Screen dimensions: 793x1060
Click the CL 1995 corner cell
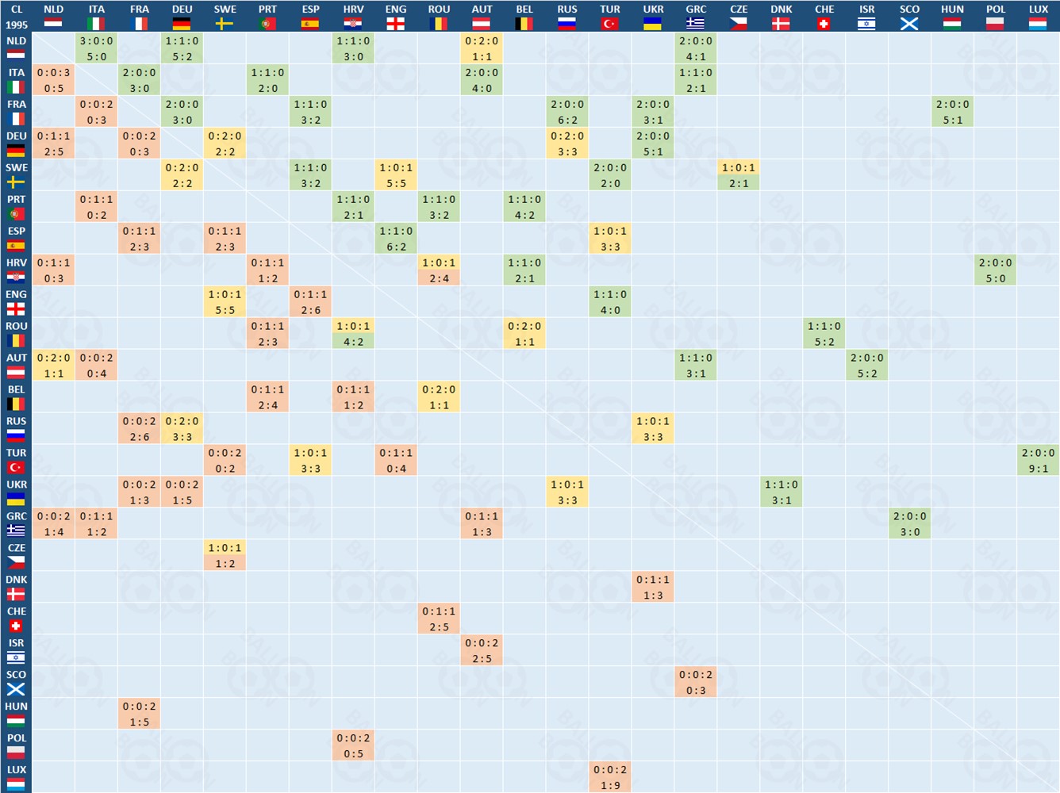click(16, 16)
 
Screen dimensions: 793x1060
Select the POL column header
click(996, 16)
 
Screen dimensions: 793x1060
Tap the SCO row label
click(16, 682)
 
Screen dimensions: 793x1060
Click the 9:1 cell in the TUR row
click(1039, 460)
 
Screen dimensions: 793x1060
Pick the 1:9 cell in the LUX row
click(610, 777)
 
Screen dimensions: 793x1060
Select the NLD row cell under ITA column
click(97, 48)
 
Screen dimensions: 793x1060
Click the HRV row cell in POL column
click(996, 270)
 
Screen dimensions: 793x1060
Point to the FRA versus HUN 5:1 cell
click(953, 111)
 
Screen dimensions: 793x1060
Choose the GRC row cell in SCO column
click(910, 523)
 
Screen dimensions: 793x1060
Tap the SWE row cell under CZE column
click(739, 174)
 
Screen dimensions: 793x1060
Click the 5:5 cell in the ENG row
click(225, 301)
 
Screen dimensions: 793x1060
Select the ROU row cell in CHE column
click(824, 333)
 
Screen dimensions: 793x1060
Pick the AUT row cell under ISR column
click(867, 365)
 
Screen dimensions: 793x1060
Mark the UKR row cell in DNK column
click(782, 492)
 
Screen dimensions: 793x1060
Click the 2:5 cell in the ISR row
click(482, 650)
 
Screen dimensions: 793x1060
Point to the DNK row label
click(16, 587)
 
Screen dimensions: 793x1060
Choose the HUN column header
click(953, 16)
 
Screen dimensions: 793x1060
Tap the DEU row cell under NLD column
click(54, 143)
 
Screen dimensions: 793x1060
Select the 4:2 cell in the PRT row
click(524, 206)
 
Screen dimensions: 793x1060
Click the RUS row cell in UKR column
click(653, 428)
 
